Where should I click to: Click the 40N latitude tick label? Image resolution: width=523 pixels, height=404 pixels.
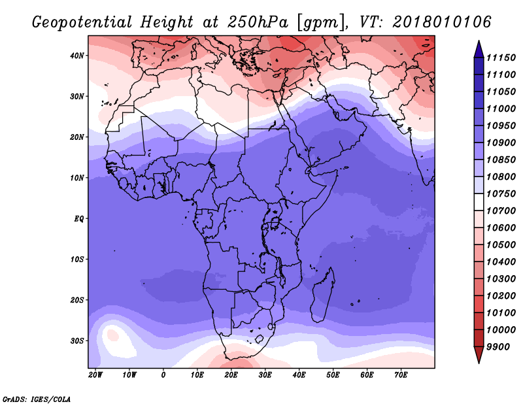[76, 56]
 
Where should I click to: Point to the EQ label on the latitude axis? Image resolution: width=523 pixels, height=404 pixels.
[78, 219]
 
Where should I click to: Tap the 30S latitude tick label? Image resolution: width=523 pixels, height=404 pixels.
[76, 341]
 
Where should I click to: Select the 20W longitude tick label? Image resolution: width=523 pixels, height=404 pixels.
[95, 375]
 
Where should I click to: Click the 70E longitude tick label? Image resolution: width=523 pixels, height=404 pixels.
[401, 375]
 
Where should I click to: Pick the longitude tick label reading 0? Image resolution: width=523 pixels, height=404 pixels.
[163, 375]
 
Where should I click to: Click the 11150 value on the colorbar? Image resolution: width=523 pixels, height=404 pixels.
[501, 58]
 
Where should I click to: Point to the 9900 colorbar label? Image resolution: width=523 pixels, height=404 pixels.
[498, 347]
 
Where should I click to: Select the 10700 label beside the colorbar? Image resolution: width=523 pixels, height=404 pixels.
[501, 211]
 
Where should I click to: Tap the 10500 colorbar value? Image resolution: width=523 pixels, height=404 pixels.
[501, 245]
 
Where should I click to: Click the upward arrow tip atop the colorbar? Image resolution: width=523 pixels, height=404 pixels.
[479, 41]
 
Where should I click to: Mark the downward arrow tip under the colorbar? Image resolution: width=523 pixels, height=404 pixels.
[479, 363]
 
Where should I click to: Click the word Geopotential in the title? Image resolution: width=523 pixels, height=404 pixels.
[82, 23]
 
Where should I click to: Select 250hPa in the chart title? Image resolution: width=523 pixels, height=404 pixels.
[258, 22]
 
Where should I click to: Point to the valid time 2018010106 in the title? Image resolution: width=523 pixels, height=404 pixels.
[442, 22]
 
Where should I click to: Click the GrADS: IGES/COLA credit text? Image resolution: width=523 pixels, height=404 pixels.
[37, 399]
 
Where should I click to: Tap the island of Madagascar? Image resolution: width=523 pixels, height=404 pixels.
[324, 295]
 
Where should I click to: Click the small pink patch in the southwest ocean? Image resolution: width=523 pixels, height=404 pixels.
[112, 335]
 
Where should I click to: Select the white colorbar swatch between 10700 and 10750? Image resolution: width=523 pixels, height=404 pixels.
[479, 202]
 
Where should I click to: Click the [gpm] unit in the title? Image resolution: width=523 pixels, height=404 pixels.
[322, 23]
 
